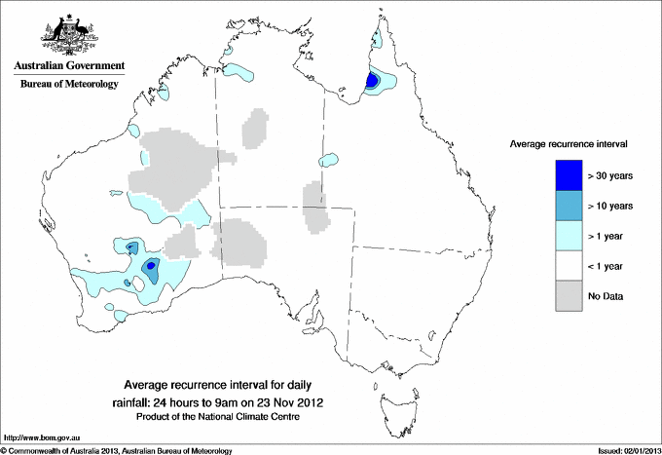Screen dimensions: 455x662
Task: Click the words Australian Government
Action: click(x=68, y=66)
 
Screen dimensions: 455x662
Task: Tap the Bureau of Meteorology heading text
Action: click(x=68, y=85)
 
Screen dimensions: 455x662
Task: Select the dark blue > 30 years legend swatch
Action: click(x=569, y=175)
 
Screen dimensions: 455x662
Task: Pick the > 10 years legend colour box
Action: click(x=569, y=206)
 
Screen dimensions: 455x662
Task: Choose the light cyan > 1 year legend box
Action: click(x=569, y=235)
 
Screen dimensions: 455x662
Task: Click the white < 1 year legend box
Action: click(x=569, y=265)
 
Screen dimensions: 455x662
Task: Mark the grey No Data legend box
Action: click(x=569, y=295)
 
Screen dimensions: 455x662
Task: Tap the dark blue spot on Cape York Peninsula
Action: click(x=372, y=82)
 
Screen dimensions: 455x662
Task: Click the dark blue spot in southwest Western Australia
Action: click(x=150, y=266)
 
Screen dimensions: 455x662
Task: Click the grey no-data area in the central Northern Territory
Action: click(x=256, y=127)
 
